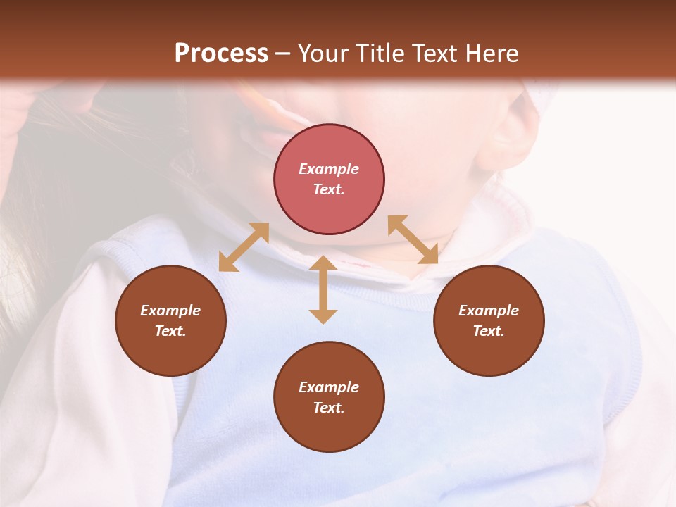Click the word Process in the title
point(221,54)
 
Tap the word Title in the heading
point(380,54)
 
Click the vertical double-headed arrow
point(323,289)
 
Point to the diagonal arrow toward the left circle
point(244,247)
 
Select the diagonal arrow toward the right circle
point(413,239)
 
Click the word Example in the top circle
point(329,169)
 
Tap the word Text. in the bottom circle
point(329,408)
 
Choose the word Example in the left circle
point(170,311)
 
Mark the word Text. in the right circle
point(489,331)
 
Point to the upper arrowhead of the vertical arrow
point(323,263)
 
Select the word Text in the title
point(433,54)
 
